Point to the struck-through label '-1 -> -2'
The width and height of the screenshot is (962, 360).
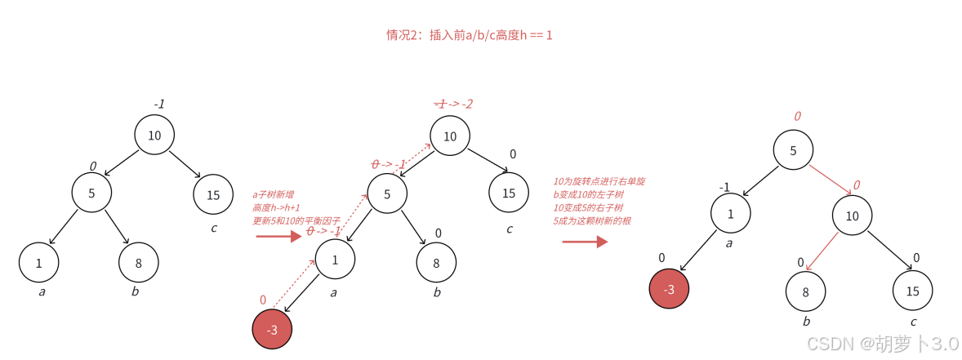pyautogui.click(x=453, y=104)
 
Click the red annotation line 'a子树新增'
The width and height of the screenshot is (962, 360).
pyautogui.click(x=273, y=194)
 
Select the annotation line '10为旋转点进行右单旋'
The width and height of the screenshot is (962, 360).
pyautogui.click(x=599, y=181)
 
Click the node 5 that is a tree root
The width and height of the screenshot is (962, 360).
pyautogui.click(x=793, y=150)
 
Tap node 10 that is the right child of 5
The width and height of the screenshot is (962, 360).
pyautogui.click(x=853, y=216)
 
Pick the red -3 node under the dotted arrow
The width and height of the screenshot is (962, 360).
pyautogui.click(x=272, y=330)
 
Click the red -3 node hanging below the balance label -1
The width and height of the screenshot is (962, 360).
pyautogui.click(x=669, y=289)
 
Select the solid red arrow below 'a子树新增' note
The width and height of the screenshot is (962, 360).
pyautogui.click(x=278, y=237)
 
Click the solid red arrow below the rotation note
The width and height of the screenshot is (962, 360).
pyautogui.click(x=585, y=242)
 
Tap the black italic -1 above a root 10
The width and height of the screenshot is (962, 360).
pyautogui.click(x=159, y=104)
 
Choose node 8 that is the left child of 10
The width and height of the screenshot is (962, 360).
pyautogui.click(x=805, y=291)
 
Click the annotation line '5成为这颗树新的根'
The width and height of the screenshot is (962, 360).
pyautogui.click(x=592, y=220)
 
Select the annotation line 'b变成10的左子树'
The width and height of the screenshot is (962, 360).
pyautogui.click(x=588, y=194)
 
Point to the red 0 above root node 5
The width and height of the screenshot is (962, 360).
pyautogui.click(x=797, y=117)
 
